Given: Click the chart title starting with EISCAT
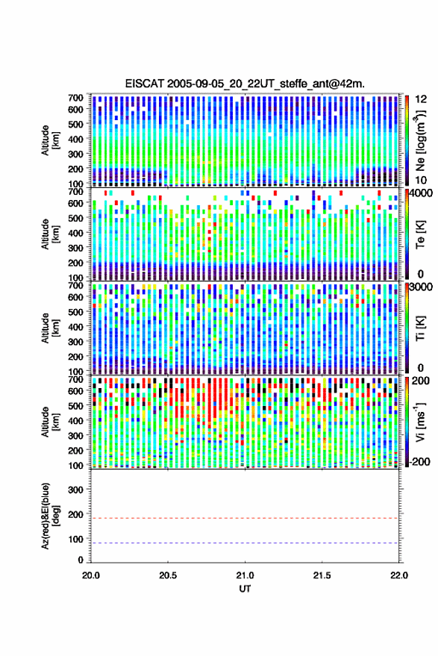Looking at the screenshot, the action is click(245, 84).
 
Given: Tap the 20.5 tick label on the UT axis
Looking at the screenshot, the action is click(168, 575).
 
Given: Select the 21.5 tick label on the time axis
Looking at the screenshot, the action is click(322, 575).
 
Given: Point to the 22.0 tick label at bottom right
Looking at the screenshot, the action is click(398, 575).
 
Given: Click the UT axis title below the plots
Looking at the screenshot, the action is click(245, 589).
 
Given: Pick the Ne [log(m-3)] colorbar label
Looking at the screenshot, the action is click(419, 140).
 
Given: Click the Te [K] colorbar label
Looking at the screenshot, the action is click(420, 234).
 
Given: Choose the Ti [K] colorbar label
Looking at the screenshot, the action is click(420, 328).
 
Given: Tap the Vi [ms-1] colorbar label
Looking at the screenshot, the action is click(419, 422).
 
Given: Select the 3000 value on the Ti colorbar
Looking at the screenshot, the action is click(422, 287).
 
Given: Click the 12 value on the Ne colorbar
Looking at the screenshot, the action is click(421, 99).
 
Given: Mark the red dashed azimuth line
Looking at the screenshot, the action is click(245, 519).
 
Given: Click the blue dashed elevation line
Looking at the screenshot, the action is click(245, 543).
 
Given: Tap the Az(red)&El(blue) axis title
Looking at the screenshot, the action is click(50, 516).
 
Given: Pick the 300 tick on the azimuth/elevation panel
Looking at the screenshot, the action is click(75, 490).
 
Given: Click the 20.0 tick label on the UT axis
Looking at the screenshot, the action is click(91, 575).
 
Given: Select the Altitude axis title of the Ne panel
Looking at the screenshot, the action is click(50, 140).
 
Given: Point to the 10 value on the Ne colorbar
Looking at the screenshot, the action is click(421, 180).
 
